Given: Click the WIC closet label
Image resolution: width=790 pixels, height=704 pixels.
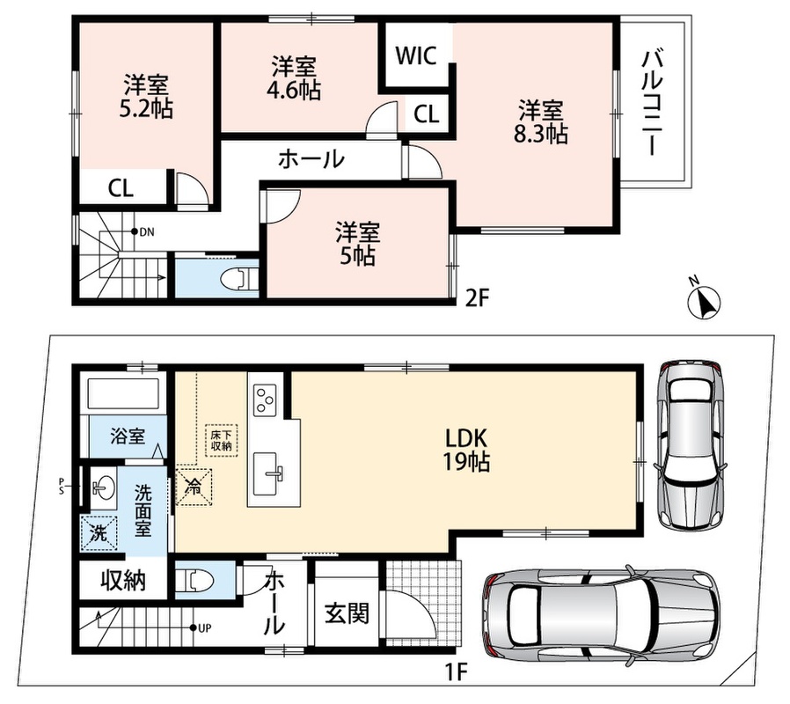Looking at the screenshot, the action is click(415, 55).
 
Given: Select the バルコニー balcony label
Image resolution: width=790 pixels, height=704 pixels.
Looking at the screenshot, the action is click(652, 102).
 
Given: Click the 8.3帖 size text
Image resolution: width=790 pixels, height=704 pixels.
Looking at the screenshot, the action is click(541, 134).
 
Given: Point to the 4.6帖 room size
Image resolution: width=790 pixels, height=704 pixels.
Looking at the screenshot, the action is click(294, 90).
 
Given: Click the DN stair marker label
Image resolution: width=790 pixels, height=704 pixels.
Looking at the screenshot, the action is click(147, 232).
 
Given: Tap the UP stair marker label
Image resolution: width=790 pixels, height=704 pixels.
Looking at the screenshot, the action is click(205, 628).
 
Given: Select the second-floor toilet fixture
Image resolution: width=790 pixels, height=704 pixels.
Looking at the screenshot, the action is click(240, 278).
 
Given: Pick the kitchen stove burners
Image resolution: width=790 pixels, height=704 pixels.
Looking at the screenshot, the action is click(265, 400).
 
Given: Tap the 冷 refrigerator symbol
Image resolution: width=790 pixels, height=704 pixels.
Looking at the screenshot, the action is click(194, 488).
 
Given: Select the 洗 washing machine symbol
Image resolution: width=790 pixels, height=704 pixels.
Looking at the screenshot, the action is click(99, 532).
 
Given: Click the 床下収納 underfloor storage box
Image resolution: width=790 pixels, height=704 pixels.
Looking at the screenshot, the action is click(221, 441).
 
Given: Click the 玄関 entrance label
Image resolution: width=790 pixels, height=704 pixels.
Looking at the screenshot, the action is click(347, 612).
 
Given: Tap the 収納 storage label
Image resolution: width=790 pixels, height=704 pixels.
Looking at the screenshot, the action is click(123, 581).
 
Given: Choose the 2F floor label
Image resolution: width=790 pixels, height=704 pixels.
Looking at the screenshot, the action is click(477, 298).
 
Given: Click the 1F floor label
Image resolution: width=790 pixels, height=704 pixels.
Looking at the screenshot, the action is click(457, 672).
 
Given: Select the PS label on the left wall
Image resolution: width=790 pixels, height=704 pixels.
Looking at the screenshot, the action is click(62, 486).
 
